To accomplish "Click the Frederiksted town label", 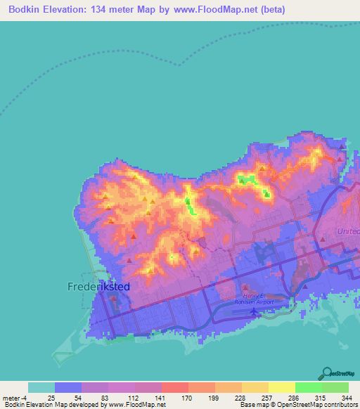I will (x=98, y=287).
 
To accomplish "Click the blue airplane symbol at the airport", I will (x=254, y=311).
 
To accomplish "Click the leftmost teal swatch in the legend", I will (x=41, y=387).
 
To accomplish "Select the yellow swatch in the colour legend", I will (x=282, y=387).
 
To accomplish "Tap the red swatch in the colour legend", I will (x=174, y=387).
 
